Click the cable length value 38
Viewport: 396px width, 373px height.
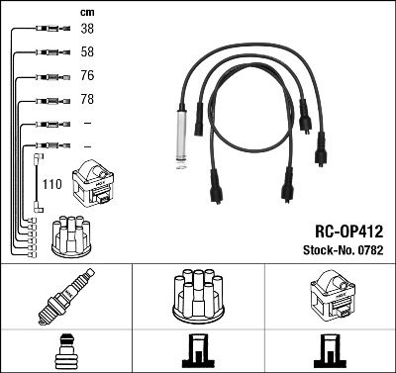coord(87,30)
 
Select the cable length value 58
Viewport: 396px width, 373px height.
coord(87,51)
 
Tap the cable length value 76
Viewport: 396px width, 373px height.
coord(87,76)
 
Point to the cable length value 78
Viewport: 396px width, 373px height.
coord(87,100)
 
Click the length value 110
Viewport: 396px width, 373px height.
coord(51,183)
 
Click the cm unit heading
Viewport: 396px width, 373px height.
coord(86,11)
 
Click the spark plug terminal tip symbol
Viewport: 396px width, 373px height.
coord(65,351)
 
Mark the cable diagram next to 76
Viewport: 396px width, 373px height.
coord(49,76)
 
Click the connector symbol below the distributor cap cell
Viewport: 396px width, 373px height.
coord(198,351)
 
